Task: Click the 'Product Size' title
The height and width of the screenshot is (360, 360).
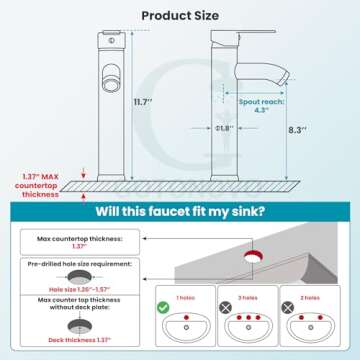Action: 180,15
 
